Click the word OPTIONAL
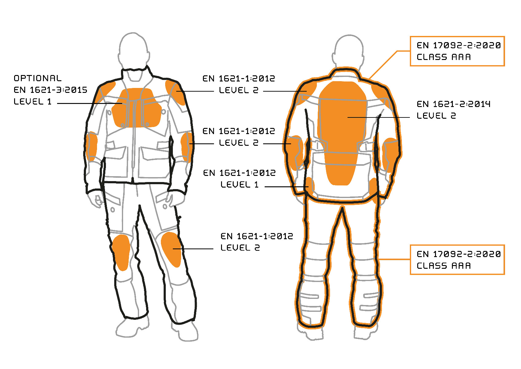click(x=37, y=78)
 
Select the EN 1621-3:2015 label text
click(x=50, y=90)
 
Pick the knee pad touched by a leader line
click(x=171, y=249)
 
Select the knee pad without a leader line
click(x=122, y=252)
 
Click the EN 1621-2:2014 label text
click(x=453, y=104)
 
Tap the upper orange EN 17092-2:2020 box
click(x=457, y=51)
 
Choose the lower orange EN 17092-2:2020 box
click(x=457, y=260)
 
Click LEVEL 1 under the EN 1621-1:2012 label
click(x=239, y=184)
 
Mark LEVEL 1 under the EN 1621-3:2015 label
click(x=33, y=101)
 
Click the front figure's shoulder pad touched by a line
click(x=176, y=91)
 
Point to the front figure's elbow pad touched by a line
click(x=187, y=147)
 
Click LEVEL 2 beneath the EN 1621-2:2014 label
click(x=436, y=116)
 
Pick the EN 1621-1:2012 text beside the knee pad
click(x=257, y=236)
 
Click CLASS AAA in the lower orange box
click(x=443, y=266)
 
